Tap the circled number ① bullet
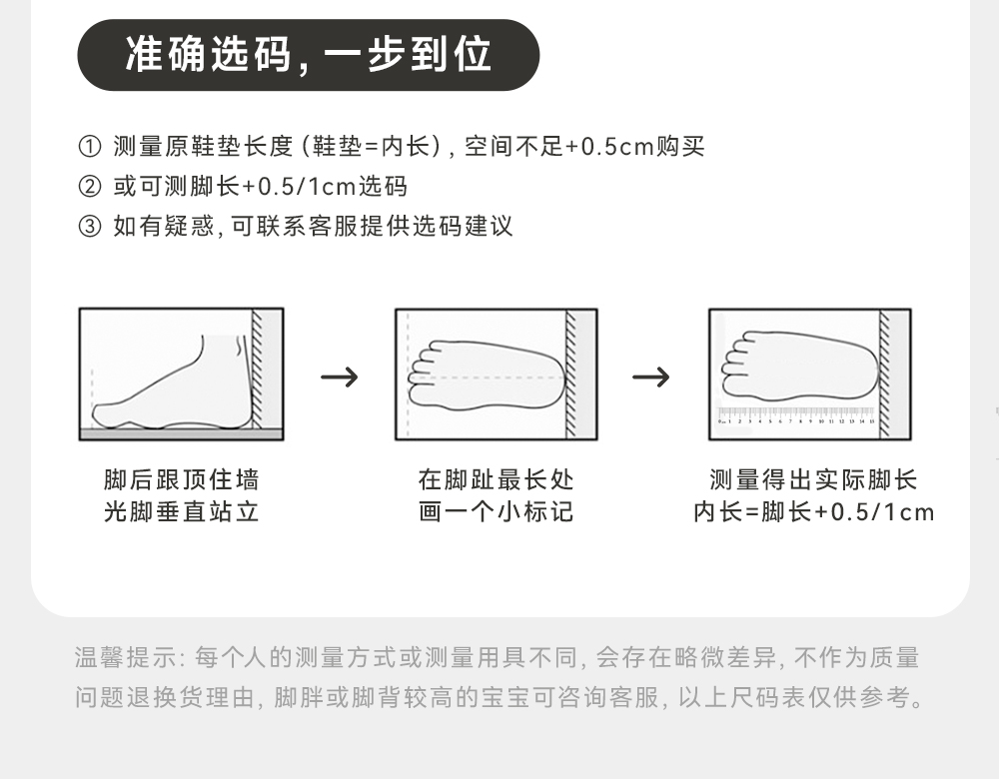(x=89, y=147)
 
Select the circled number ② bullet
(x=89, y=187)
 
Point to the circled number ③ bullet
(x=89, y=227)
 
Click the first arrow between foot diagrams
(x=340, y=378)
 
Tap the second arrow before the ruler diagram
(x=651, y=378)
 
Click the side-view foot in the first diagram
(x=180, y=385)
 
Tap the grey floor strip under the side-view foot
(x=180, y=433)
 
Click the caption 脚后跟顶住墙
(x=181, y=480)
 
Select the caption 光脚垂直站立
(x=181, y=512)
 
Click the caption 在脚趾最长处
(x=496, y=480)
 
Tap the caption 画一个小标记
(x=496, y=512)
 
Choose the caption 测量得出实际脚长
(x=813, y=480)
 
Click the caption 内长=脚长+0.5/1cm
(x=813, y=512)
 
